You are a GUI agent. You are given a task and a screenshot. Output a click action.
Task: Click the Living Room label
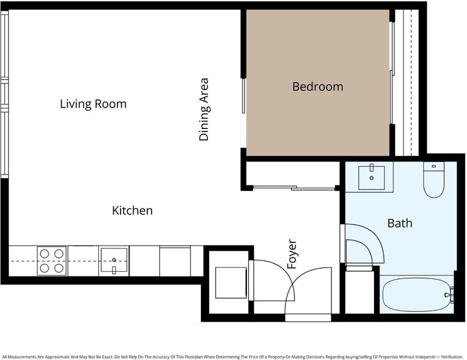[x=94, y=104]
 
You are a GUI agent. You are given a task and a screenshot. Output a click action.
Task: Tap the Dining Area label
[x=204, y=109]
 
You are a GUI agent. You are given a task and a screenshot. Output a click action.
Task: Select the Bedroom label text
[x=318, y=87]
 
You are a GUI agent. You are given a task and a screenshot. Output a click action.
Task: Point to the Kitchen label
[x=132, y=211]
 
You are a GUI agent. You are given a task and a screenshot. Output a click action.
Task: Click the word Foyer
[x=292, y=254]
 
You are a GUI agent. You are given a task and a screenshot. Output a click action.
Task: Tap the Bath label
[x=400, y=223]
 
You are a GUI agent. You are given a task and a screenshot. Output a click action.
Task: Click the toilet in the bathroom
[x=433, y=180]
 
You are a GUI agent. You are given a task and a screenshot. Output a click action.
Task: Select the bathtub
[x=417, y=295]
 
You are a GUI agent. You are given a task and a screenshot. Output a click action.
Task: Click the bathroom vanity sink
[x=372, y=178]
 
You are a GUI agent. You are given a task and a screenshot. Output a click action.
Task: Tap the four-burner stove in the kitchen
[x=52, y=261]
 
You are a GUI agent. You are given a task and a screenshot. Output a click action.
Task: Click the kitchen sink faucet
[x=114, y=270]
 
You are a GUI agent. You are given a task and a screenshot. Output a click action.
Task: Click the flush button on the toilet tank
[x=434, y=166]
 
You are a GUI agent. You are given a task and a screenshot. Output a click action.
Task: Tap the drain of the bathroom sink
[x=372, y=178]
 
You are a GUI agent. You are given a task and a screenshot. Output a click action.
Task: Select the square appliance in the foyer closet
[x=231, y=283]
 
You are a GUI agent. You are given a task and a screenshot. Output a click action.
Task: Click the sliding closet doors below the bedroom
[x=294, y=188]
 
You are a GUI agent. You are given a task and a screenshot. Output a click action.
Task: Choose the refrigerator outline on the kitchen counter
[x=175, y=261]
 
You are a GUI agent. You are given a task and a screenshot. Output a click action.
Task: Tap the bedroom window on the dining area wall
[x=243, y=95]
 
